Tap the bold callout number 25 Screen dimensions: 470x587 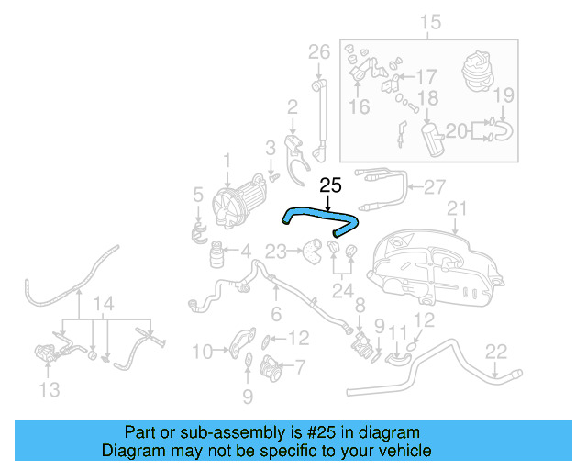click(330, 185)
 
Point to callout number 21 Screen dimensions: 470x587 click(457, 208)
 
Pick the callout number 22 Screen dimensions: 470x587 click(495, 349)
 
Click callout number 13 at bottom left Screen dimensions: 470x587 click(50, 390)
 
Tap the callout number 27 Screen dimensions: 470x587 click(434, 185)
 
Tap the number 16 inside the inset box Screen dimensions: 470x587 click(359, 107)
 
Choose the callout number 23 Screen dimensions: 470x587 click(276, 250)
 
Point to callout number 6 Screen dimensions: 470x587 click(275, 314)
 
